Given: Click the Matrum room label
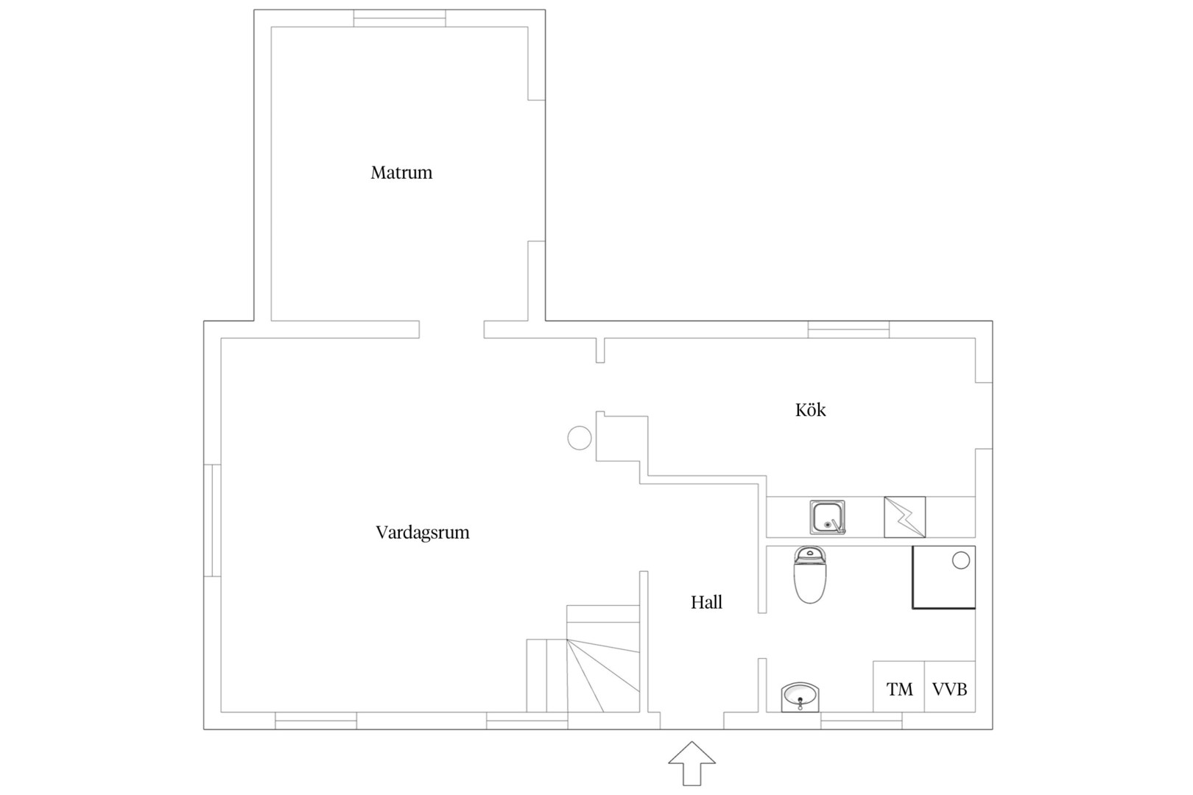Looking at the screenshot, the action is pyautogui.click(x=401, y=172).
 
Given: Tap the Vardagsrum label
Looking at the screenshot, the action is pyautogui.click(x=423, y=532).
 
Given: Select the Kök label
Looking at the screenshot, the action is pyautogui.click(x=811, y=410).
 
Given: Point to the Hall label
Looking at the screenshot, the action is pyautogui.click(x=707, y=602).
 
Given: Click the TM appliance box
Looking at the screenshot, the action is pyautogui.click(x=899, y=687).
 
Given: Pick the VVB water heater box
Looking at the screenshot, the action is pyautogui.click(x=950, y=687).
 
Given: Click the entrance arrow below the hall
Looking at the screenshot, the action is pyautogui.click(x=691, y=763).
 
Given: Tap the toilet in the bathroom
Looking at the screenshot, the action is pyautogui.click(x=810, y=575).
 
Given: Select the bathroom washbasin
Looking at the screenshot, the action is pyautogui.click(x=800, y=697).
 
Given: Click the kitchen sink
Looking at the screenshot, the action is pyautogui.click(x=828, y=517).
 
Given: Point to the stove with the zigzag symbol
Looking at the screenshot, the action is pyautogui.click(x=905, y=517).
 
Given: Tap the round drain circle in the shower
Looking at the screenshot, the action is pyautogui.click(x=961, y=561).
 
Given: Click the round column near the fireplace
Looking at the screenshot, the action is pyautogui.click(x=580, y=438).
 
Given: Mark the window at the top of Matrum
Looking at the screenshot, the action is pyautogui.click(x=400, y=18).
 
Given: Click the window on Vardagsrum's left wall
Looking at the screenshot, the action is pyautogui.click(x=213, y=520).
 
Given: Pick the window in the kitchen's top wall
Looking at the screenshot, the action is pyautogui.click(x=848, y=330).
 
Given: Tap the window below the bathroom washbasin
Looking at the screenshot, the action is pyautogui.click(x=861, y=721).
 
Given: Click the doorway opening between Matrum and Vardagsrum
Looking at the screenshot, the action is pyautogui.click(x=451, y=330).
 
